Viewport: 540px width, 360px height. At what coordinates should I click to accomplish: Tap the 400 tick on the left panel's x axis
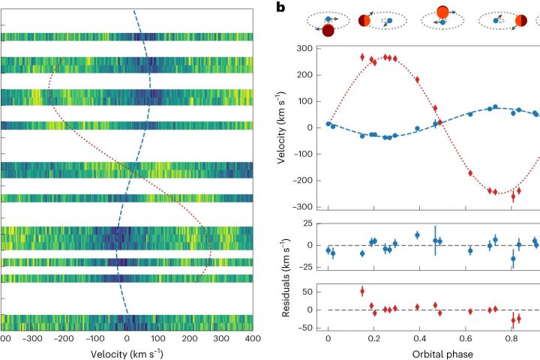[x=253, y=339]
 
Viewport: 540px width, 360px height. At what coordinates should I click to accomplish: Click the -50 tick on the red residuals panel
[x=304, y=328]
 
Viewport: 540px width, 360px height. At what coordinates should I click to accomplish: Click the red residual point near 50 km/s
[x=362, y=291]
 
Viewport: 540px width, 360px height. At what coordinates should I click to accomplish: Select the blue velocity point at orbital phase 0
[x=328, y=124]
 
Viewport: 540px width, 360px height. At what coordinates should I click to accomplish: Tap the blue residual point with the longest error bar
[x=435, y=240]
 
